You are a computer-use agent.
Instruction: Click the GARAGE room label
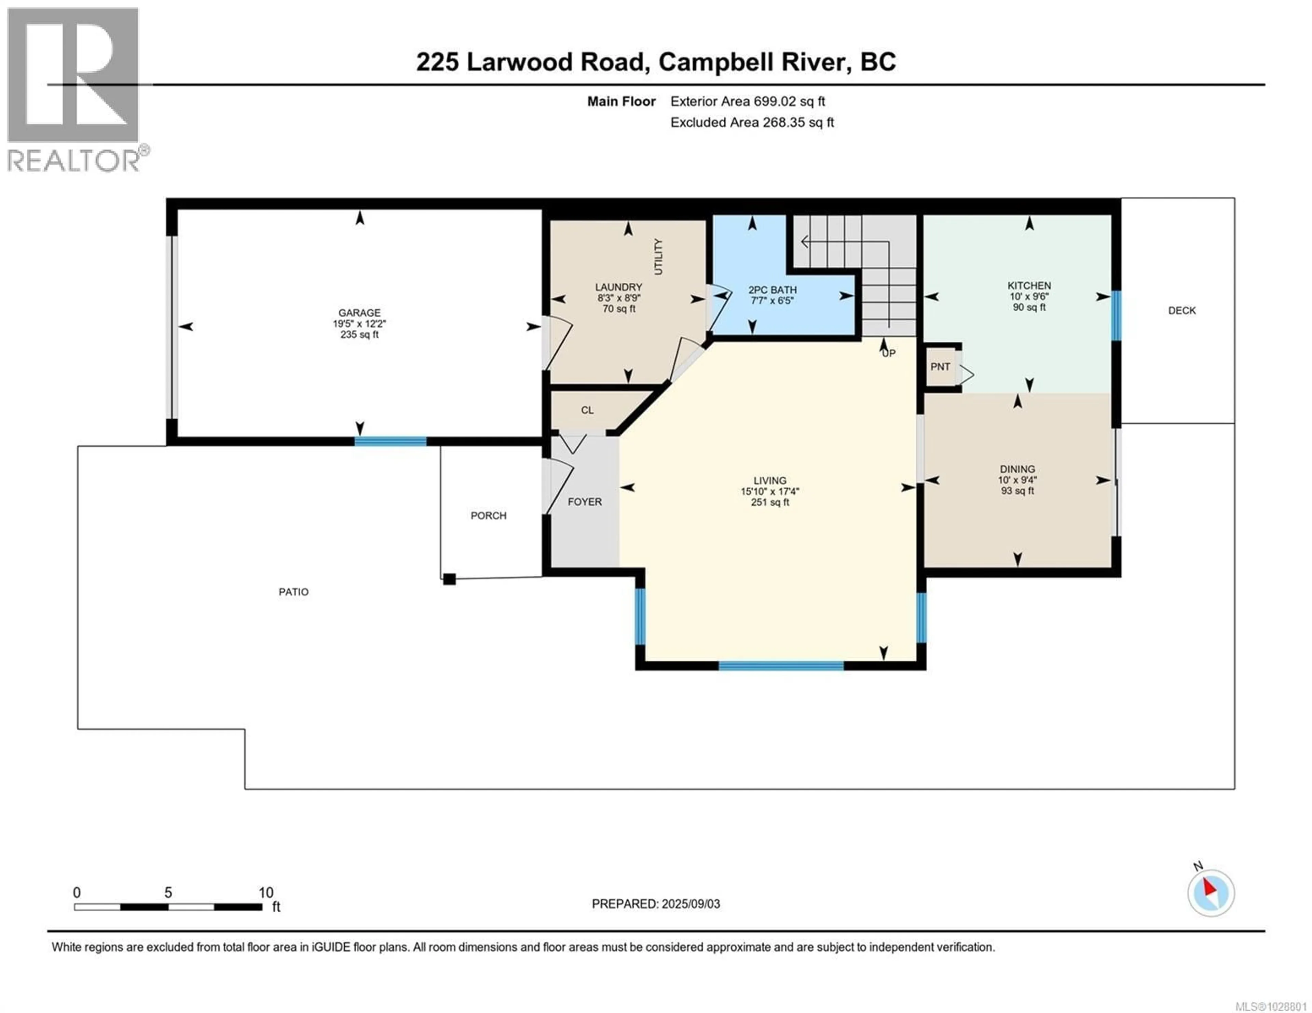click(x=359, y=312)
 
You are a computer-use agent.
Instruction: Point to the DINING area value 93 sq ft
click(x=1017, y=491)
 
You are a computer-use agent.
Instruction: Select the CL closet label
click(x=587, y=410)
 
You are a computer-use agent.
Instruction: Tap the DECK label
click(x=1181, y=310)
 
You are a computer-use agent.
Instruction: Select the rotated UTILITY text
click(x=658, y=257)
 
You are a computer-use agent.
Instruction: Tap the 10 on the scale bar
click(x=265, y=893)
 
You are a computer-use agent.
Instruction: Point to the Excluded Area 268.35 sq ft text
click(x=752, y=123)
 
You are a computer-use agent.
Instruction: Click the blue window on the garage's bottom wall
click(x=391, y=442)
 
